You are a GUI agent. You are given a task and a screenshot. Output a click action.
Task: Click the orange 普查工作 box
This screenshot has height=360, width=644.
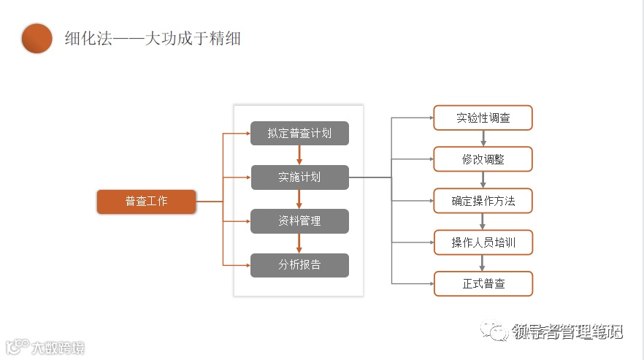[x=146, y=202]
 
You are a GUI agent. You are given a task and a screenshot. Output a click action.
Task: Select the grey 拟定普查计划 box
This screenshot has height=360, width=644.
[x=299, y=133]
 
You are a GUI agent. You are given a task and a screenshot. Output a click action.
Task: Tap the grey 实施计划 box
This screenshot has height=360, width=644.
[x=299, y=177]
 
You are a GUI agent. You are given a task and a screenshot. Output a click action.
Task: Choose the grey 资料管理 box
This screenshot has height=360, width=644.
[x=299, y=221]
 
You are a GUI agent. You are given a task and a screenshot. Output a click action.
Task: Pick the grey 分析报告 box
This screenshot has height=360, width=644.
[x=299, y=265]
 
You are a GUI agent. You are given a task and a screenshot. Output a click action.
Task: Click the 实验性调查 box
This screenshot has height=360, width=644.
[x=483, y=118]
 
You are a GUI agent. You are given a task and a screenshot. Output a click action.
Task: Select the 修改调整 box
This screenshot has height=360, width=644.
[x=483, y=159]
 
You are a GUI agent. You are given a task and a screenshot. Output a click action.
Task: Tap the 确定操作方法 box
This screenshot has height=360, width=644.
[x=483, y=201]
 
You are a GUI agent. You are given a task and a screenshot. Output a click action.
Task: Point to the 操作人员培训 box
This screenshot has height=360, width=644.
[x=483, y=242]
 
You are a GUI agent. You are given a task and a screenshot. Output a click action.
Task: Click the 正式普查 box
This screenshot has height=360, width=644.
[x=483, y=284]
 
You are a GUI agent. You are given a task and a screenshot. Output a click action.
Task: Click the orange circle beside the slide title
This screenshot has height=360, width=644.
[x=37, y=38]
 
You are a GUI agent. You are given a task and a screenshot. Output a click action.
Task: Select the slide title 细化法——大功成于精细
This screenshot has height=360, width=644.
[x=153, y=39]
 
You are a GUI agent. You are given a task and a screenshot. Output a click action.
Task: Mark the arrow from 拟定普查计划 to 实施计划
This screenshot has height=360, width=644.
[x=299, y=155]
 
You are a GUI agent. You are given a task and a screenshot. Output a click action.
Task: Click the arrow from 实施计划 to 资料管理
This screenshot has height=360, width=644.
[x=299, y=199]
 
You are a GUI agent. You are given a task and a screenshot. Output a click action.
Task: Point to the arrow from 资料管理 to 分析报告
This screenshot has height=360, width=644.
[x=299, y=243]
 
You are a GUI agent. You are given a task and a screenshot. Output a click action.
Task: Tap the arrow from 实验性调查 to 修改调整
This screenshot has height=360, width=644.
[x=483, y=139]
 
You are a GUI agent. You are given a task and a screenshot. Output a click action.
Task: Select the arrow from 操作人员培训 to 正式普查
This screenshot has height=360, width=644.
[x=483, y=263]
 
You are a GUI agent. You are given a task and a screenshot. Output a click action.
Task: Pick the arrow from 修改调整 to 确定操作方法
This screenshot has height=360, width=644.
[x=483, y=180]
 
